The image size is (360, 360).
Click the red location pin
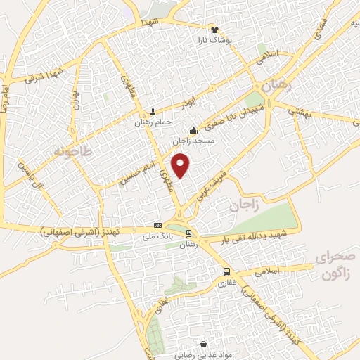coord(181,165)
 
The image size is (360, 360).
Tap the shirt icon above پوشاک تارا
coord(215,30)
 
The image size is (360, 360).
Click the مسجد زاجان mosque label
coord(193,141)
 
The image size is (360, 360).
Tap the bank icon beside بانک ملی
coord(157,226)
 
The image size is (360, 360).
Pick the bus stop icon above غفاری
coord(226,272)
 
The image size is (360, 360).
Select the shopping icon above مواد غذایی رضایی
coord(204,345)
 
